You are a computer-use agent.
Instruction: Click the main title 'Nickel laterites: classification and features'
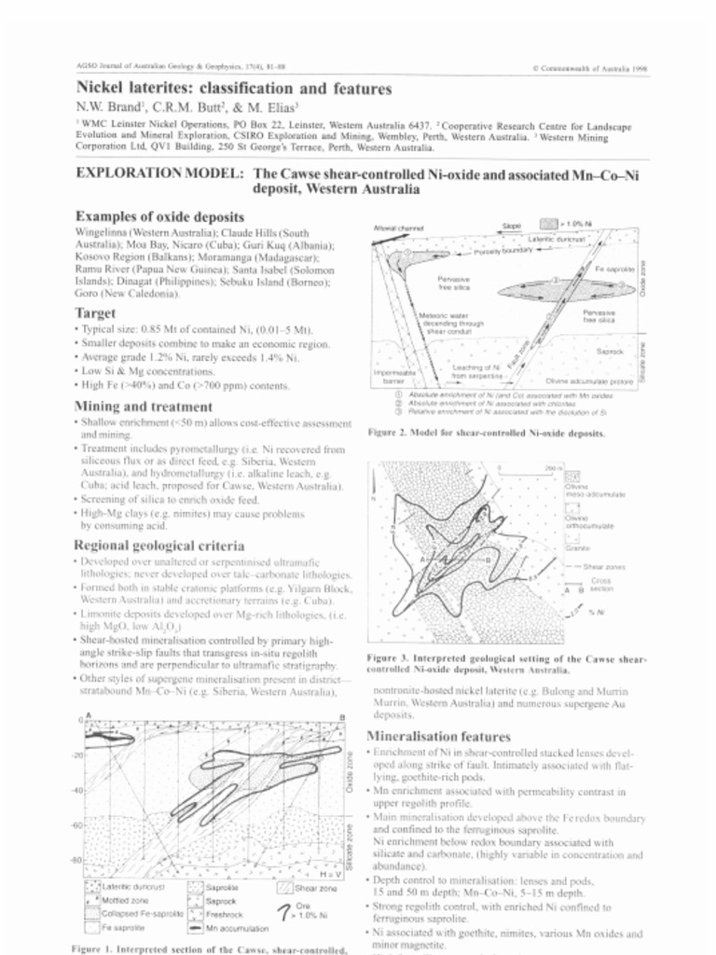point(233,90)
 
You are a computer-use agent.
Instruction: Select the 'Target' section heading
point(95,312)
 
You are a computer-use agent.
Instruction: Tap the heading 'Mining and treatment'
point(143,406)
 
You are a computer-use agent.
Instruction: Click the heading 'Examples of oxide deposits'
point(159,216)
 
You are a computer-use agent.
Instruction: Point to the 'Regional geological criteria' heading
point(159,545)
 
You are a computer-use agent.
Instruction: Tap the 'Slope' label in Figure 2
point(511,226)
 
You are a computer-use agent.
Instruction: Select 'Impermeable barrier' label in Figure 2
point(391,377)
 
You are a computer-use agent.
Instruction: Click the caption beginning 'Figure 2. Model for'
point(486,433)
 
